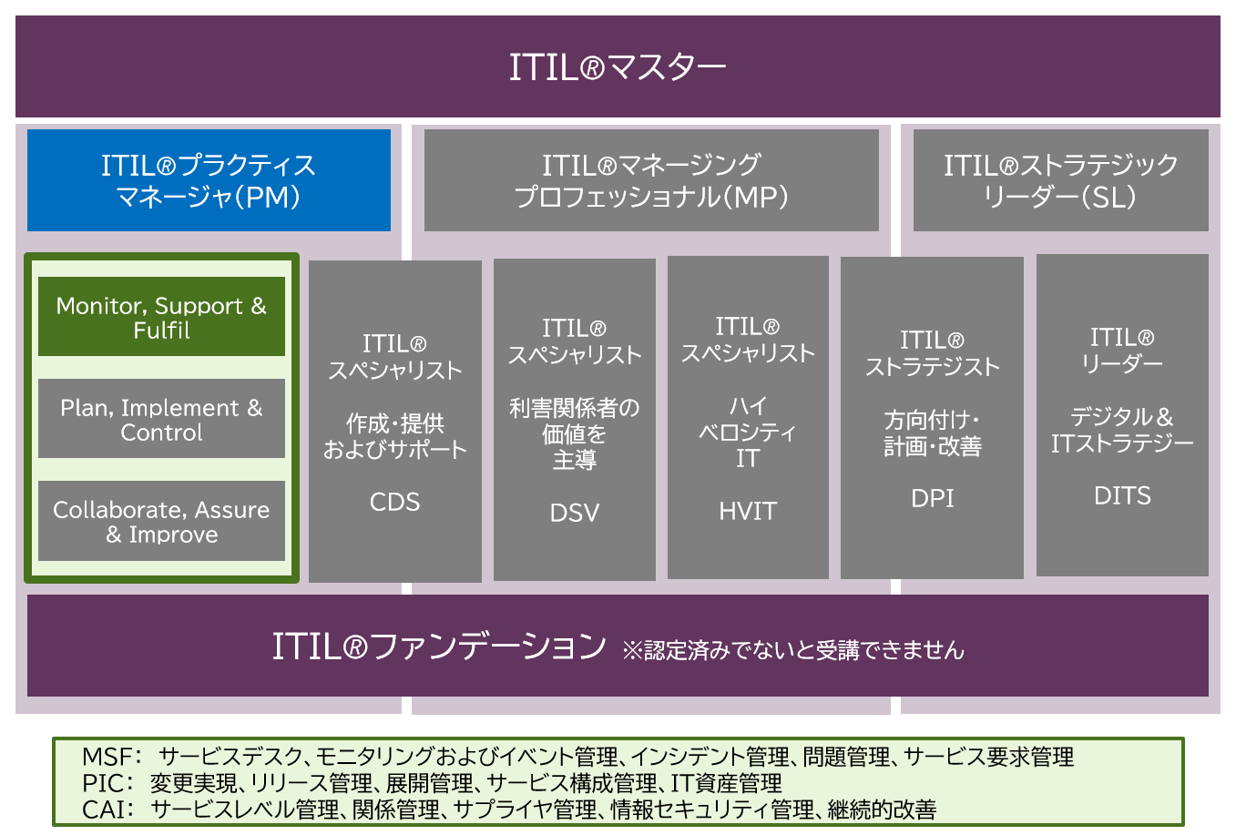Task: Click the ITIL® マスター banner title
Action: click(x=617, y=67)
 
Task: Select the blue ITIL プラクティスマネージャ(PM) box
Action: click(x=209, y=180)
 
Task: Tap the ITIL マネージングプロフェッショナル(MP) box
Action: click(x=651, y=180)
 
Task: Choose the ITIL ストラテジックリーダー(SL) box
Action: click(x=1060, y=180)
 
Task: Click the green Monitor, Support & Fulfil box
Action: click(x=161, y=317)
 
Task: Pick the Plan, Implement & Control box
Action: click(x=161, y=419)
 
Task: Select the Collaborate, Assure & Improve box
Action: click(x=161, y=521)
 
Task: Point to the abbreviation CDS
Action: click(x=395, y=502)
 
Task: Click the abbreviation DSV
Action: click(x=575, y=513)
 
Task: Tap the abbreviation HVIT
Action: click(x=748, y=511)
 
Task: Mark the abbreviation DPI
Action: click(x=933, y=498)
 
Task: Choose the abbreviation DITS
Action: click(x=1122, y=495)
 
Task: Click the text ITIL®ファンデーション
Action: click(x=439, y=647)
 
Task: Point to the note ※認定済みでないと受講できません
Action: click(x=792, y=650)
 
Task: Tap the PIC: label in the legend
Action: click(x=107, y=783)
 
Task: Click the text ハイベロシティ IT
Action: click(x=748, y=432)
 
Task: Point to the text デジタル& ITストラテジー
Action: click(x=1122, y=430)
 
